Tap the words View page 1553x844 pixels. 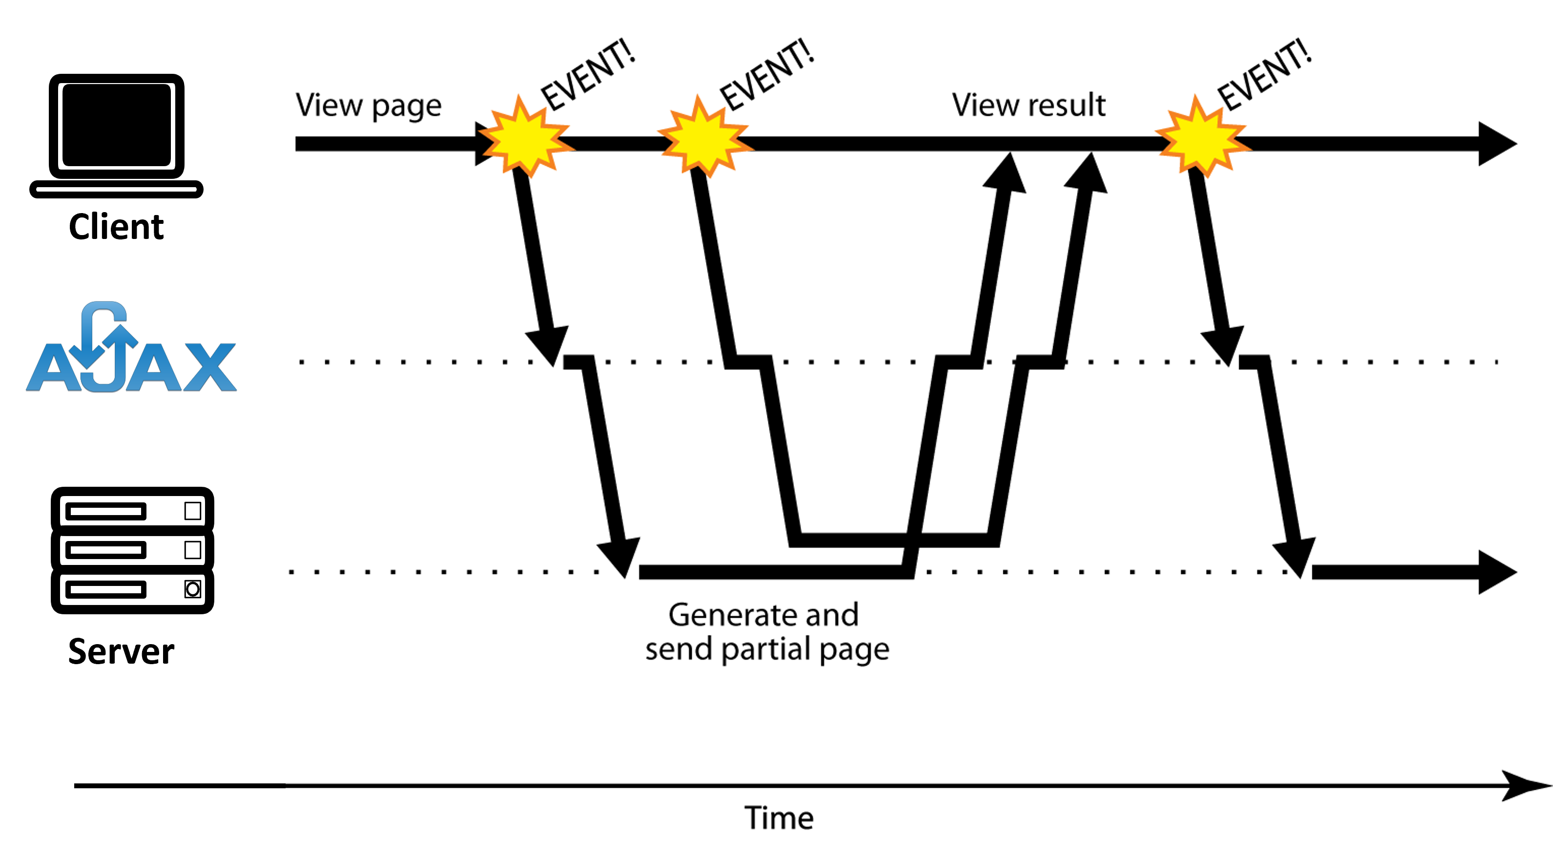click(368, 106)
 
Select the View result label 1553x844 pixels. click(1029, 105)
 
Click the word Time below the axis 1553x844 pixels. click(779, 818)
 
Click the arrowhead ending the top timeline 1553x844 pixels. click(1497, 144)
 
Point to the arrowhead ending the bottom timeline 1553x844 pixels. click(1497, 572)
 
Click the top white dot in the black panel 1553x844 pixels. click(193, 511)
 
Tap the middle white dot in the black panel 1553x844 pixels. click(193, 550)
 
